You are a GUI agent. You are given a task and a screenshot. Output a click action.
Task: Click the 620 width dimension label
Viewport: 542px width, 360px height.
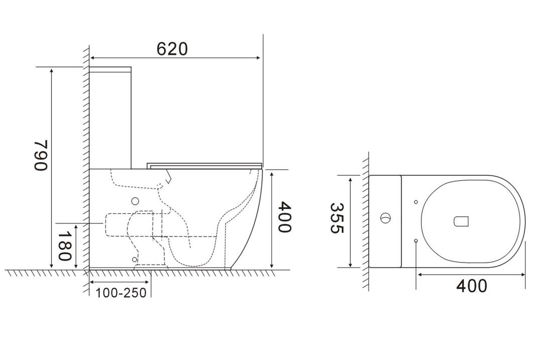(x=172, y=49)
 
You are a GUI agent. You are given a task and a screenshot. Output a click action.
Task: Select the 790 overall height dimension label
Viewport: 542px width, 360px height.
(x=41, y=155)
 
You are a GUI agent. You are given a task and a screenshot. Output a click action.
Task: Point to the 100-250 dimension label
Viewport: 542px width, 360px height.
(x=121, y=293)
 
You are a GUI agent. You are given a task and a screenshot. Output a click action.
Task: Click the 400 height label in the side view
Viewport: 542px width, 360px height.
(x=285, y=217)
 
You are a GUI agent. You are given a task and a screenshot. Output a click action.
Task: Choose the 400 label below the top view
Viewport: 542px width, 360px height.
(x=471, y=286)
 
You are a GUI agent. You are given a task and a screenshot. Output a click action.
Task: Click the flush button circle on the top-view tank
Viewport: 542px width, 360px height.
(x=385, y=218)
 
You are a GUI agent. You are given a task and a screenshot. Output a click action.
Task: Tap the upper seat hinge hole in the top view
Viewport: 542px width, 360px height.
(x=416, y=202)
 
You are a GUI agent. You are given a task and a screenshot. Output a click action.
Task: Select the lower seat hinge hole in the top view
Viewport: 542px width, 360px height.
(x=416, y=241)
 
